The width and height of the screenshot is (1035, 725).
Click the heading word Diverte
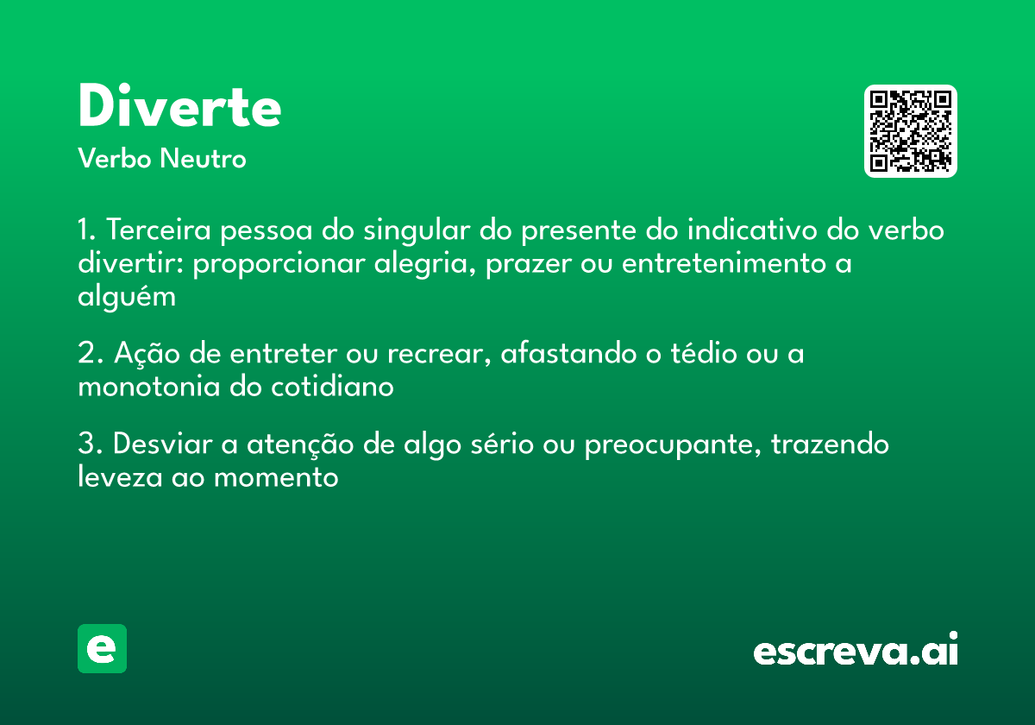179,108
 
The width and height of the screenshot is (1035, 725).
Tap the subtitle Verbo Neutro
162,159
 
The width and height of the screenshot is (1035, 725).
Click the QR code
911,131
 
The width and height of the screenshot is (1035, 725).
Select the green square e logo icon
102,648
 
